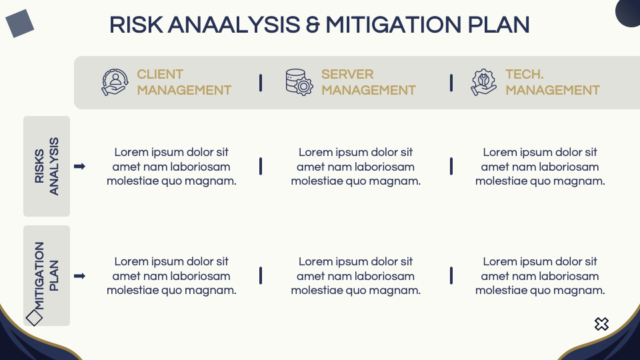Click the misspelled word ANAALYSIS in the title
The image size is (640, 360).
pyautogui.click(x=234, y=25)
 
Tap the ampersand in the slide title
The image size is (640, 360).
pyautogui.click(x=313, y=25)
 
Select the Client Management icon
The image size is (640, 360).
pyautogui.click(x=115, y=83)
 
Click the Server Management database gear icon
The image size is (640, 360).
pyautogui.click(x=299, y=83)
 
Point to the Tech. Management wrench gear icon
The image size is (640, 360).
pyautogui.click(x=484, y=83)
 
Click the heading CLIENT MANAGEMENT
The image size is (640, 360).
pyautogui.click(x=184, y=82)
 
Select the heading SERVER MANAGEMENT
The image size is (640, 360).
pyautogui.click(x=369, y=82)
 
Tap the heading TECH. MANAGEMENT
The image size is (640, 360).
pyautogui.click(x=553, y=82)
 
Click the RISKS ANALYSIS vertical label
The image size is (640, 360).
pyautogui.click(x=47, y=166)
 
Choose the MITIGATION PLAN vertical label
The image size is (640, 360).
pyautogui.click(x=47, y=276)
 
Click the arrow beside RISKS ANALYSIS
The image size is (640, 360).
pyautogui.click(x=79, y=167)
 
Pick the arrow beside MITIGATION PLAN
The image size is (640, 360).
pyautogui.click(x=79, y=276)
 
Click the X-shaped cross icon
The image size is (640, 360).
pyautogui.click(x=601, y=324)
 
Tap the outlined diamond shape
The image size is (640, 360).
pyautogui.click(x=34, y=317)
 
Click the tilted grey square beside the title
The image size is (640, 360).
pyautogui.click(x=19, y=23)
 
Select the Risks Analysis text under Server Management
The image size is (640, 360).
pyautogui.click(x=356, y=167)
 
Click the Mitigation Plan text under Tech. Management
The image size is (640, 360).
pyautogui.click(x=540, y=276)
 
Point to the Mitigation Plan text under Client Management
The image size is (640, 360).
pyautogui.click(x=171, y=276)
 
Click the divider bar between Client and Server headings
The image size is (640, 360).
pyautogui.click(x=261, y=83)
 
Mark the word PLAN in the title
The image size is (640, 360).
pyautogui.click(x=499, y=25)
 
